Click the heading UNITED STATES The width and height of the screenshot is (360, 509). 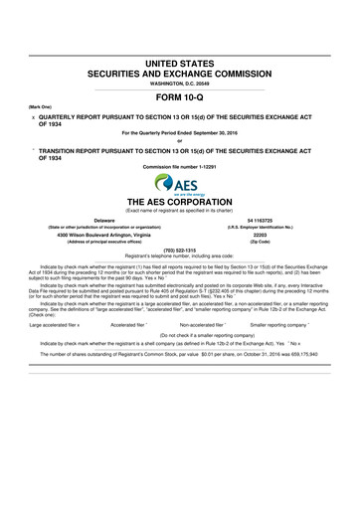coord(180,64)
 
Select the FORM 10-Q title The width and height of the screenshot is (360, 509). coord(180,97)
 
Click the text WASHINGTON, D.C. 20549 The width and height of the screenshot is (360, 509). coord(180,84)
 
